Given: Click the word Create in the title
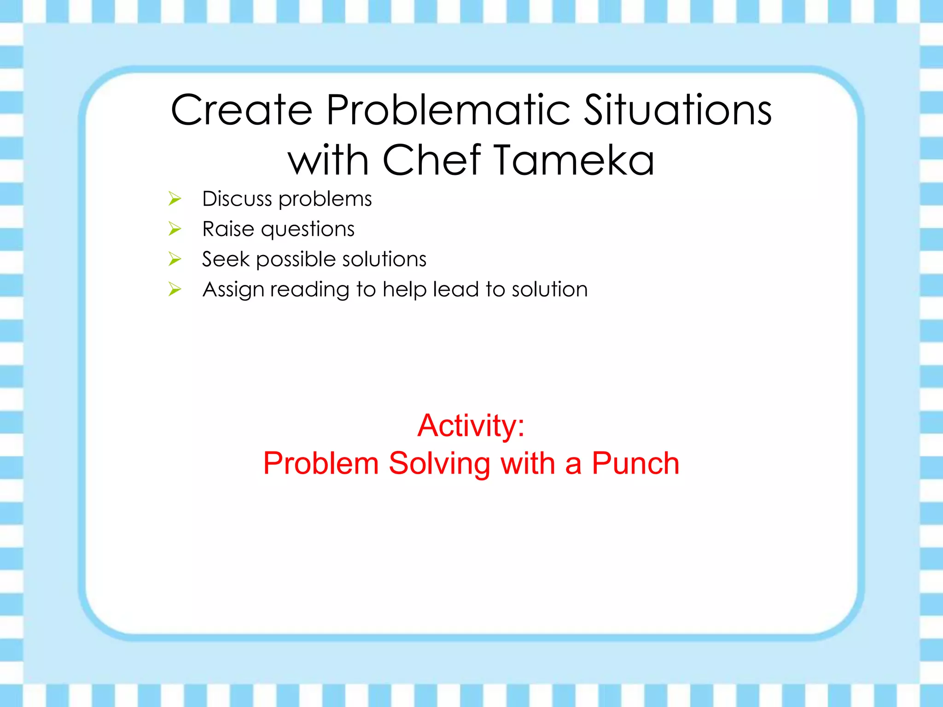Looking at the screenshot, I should (x=241, y=110).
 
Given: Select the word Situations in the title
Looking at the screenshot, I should (x=678, y=110).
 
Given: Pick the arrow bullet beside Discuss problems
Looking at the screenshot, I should (x=175, y=199).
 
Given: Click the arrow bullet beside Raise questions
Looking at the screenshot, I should (x=175, y=229).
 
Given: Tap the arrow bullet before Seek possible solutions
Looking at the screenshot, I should (x=175, y=259).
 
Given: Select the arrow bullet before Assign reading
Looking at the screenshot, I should (x=175, y=290).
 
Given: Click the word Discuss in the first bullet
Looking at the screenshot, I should (x=237, y=199).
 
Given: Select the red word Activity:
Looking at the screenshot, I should (x=471, y=425).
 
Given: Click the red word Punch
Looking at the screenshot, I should (x=635, y=463).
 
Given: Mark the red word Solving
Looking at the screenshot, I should (x=439, y=464).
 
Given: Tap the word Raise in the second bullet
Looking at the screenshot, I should (x=228, y=229).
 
